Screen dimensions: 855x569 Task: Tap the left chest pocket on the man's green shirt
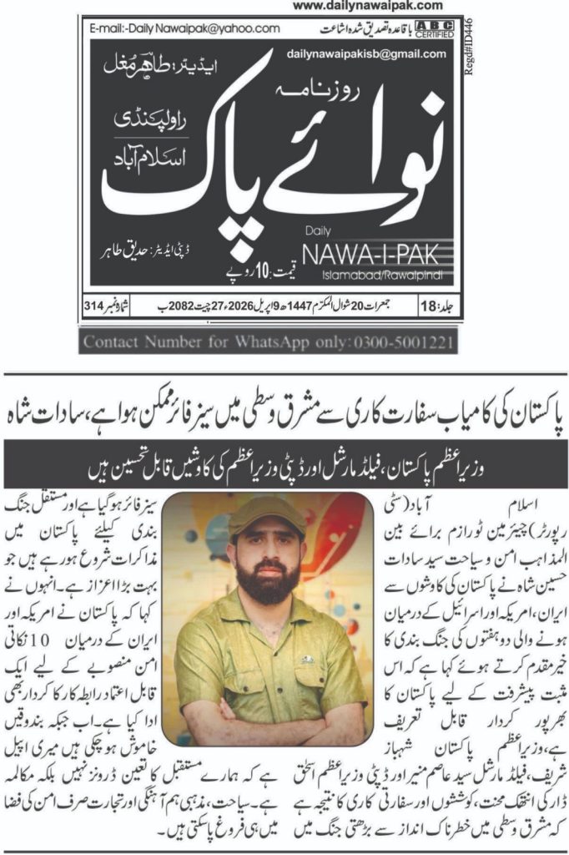click(x=306, y=668)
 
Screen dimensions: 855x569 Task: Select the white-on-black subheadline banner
click(x=284, y=458)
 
